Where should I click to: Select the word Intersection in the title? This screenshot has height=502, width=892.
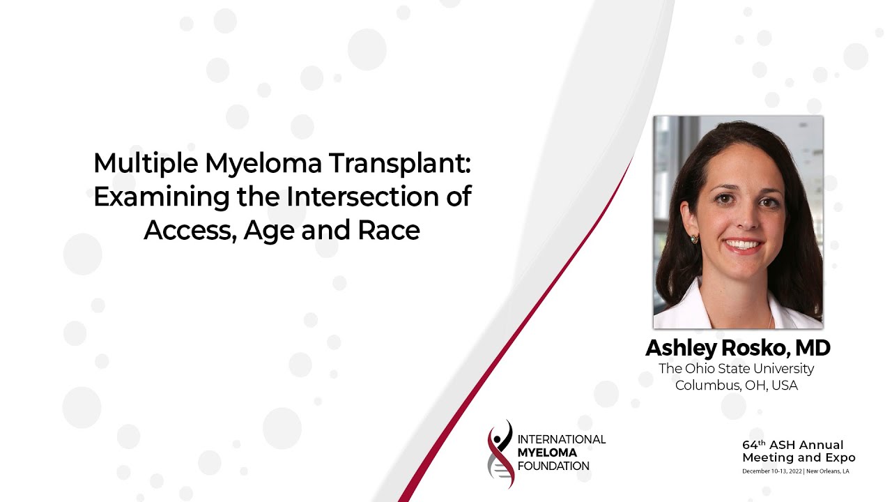tap(367, 197)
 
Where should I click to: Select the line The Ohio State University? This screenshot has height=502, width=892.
tap(737, 368)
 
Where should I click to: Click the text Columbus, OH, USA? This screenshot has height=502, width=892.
tap(737, 385)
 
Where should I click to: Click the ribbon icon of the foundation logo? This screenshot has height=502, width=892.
tap(500, 453)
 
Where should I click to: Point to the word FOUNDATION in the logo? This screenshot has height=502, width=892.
tap(553, 465)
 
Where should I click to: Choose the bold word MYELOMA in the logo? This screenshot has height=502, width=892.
tap(548, 452)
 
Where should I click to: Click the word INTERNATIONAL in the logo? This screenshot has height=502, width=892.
tap(562, 439)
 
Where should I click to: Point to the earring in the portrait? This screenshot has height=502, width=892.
tap(695, 239)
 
